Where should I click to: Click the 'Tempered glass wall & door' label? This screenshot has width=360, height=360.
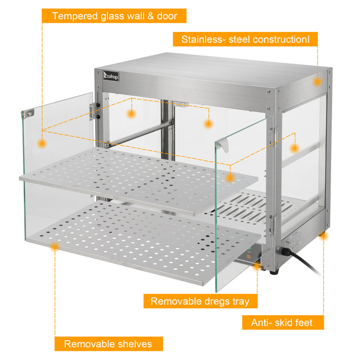point(114,16)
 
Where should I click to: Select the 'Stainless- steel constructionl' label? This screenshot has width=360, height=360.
point(245,39)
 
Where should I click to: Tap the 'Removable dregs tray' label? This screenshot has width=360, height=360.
point(200,301)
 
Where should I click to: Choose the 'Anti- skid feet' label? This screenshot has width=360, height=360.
point(282,322)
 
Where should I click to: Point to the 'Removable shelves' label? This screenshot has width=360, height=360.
point(108,344)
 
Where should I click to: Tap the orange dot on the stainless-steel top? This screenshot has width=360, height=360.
point(317,82)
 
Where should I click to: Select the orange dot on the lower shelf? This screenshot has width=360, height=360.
point(55,247)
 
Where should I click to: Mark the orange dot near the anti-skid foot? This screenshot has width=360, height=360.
point(323,236)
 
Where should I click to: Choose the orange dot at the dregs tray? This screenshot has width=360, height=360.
point(257,267)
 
